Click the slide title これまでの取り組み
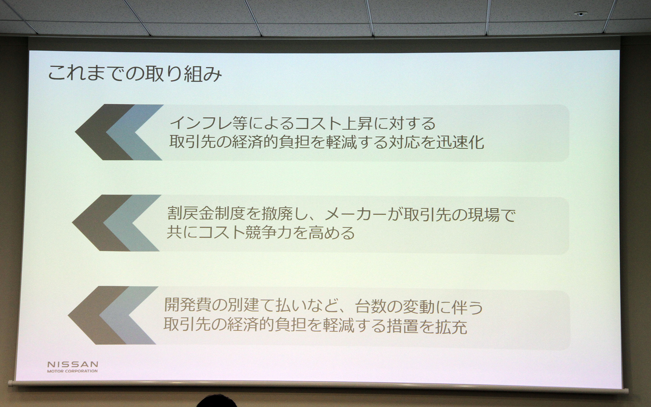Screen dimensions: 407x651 tap(135, 74)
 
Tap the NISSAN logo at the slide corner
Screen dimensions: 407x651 tap(73, 365)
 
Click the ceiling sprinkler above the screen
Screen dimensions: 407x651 tap(580, 14)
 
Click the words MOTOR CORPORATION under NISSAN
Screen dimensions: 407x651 tap(73, 371)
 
